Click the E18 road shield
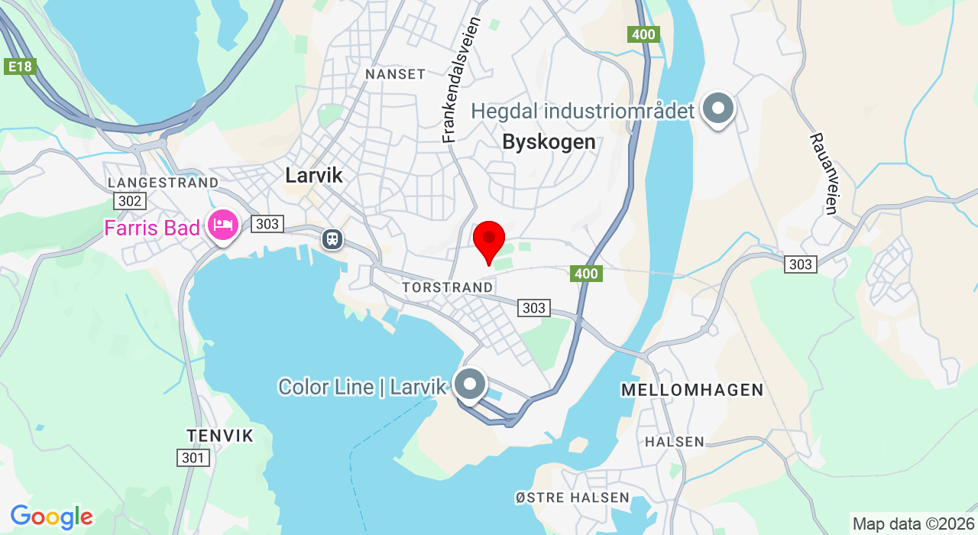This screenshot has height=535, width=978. point(20,66)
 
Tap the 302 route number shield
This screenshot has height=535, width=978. point(129,200)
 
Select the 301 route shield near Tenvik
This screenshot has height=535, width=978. point(194,458)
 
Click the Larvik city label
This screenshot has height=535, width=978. point(314,175)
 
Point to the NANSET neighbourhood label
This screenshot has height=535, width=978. point(395,74)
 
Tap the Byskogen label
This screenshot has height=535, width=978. point(549,141)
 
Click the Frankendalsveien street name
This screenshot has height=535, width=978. point(460,80)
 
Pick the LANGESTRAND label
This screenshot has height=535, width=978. point(164,183)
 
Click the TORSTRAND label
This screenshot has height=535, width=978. point(448,287)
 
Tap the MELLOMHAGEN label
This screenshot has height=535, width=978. point(692,390)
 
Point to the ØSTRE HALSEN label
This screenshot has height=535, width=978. point(572,498)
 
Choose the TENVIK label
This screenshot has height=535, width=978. point(219,436)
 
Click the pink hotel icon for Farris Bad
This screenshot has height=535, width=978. point(223,225)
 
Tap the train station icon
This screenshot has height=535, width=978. point(332,238)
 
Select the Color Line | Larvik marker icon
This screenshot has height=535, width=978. point(470,384)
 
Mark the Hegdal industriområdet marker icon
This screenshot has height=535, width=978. point(718,109)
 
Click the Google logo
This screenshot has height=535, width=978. point(51,517)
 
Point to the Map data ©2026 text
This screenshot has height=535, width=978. point(913,524)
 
